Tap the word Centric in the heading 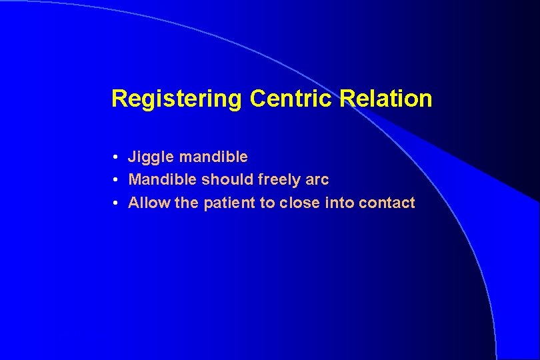[292, 99]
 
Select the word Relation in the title [386, 99]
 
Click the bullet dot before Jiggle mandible [115, 157]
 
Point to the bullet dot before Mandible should [115, 180]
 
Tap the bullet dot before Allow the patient [115, 203]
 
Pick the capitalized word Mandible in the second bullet [163, 180]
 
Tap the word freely [280, 180]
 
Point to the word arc [318, 180]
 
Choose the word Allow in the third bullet [149, 203]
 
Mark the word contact [387, 203]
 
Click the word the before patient [187, 203]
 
